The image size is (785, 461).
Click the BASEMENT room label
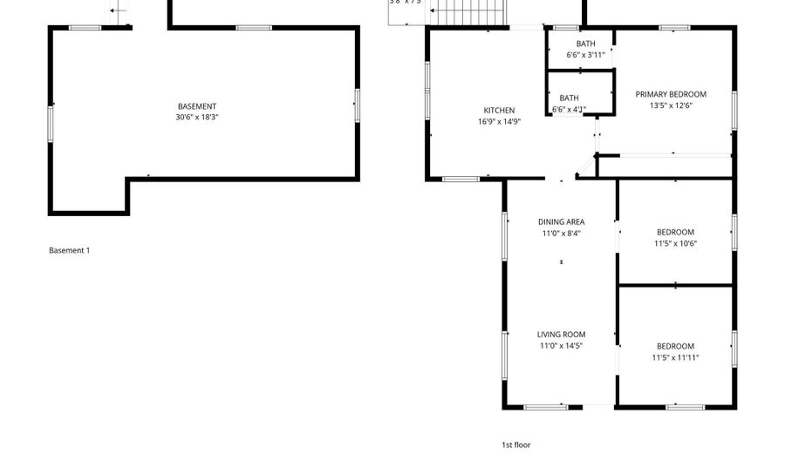(x=196, y=106)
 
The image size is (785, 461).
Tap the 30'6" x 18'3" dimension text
(x=196, y=117)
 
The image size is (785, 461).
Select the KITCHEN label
(x=499, y=111)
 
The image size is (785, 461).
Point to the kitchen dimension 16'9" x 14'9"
(x=499, y=122)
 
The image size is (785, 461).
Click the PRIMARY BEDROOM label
(x=671, y=94)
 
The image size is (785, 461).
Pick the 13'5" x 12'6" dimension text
(x=671, y=105)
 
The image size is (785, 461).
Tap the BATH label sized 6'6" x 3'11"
(x=586, y=44)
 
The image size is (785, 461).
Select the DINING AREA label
(x=561, y=222)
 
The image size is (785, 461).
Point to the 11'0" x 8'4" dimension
(x=561, y=234)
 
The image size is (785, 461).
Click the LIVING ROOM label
(x=561, y=335)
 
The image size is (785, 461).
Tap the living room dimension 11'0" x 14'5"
(x=561, y=346)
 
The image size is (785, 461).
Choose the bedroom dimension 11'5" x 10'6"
(x=675, y=244)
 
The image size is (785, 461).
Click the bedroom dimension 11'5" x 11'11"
(x=675, y=357)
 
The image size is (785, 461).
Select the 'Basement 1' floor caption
(x=69, y=251)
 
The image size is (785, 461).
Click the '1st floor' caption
(x=515, y=444)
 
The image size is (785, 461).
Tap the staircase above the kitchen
(x=469, y=12)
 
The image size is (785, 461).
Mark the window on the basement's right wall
(x=356, y=104)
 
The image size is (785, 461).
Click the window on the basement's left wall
(x=51, y=123)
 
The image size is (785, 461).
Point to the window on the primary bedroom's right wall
(x=734, y=111)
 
